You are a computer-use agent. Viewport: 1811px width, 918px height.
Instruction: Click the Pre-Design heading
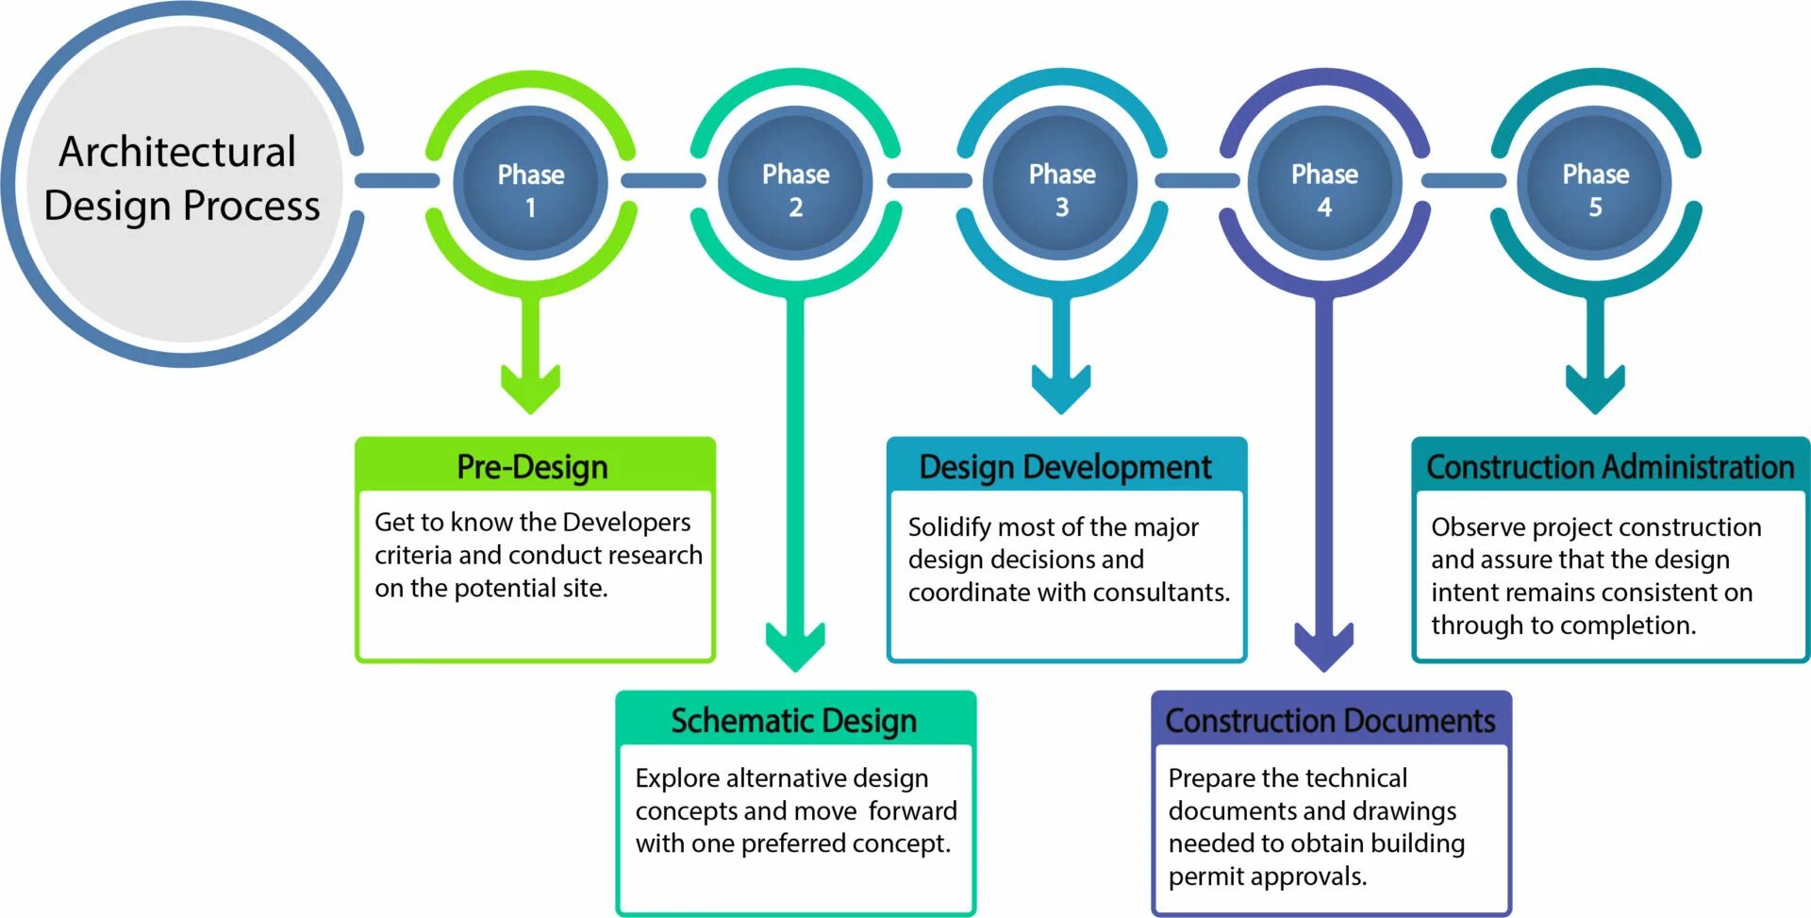coord(533,466)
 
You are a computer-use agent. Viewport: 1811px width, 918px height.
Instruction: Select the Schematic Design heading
coord(793,721)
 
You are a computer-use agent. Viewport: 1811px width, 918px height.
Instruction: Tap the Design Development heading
coord(1065,466)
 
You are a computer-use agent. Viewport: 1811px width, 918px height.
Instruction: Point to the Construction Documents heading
coord(1330,721)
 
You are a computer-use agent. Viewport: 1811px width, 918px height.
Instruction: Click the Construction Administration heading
coord(1610,466)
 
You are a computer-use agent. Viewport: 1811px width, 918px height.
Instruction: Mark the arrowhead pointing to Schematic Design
coord(795,646)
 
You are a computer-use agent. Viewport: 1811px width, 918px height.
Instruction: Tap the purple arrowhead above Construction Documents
coord(1324,646)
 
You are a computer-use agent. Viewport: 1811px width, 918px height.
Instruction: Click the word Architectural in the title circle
coord(177,152)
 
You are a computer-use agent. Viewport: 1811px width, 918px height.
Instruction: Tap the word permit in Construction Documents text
coord(1202,876)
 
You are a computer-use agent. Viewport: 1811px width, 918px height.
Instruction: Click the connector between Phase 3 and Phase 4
coord(1197,179)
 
